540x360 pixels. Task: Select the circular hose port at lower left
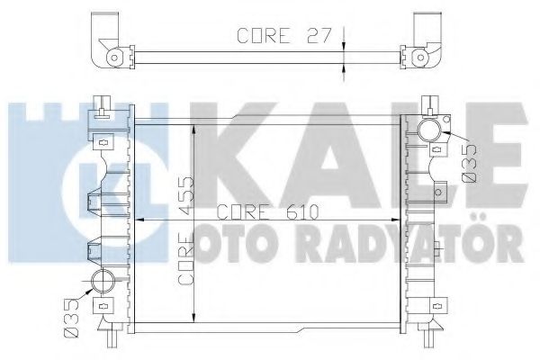102,282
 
